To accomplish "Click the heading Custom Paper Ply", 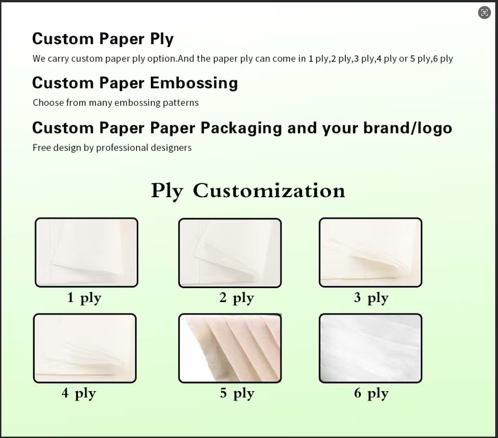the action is (103, 39).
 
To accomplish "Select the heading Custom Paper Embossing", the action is (135, 83).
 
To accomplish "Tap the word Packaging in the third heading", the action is (241, 128).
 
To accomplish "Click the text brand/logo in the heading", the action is (407, 128).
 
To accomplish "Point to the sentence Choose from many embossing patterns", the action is (116, 103).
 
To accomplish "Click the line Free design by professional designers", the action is (112, 148).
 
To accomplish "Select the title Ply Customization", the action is (248, 191).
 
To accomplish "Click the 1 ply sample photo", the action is (86, 252).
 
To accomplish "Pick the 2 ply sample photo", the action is (230, 253).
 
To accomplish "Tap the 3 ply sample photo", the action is (371, 252).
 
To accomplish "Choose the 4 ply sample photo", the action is (85, 348).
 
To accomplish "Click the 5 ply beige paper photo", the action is (230, 348).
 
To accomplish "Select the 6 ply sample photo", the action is (371, 348).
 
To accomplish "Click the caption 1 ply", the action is (84, 298).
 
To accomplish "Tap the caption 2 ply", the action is (237, 298).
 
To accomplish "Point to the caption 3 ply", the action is (371, 298).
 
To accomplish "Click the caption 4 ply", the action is (79, 393).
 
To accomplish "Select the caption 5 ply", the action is (237, 393).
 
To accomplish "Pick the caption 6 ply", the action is (371, 393).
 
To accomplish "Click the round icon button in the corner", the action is (485, 13).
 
